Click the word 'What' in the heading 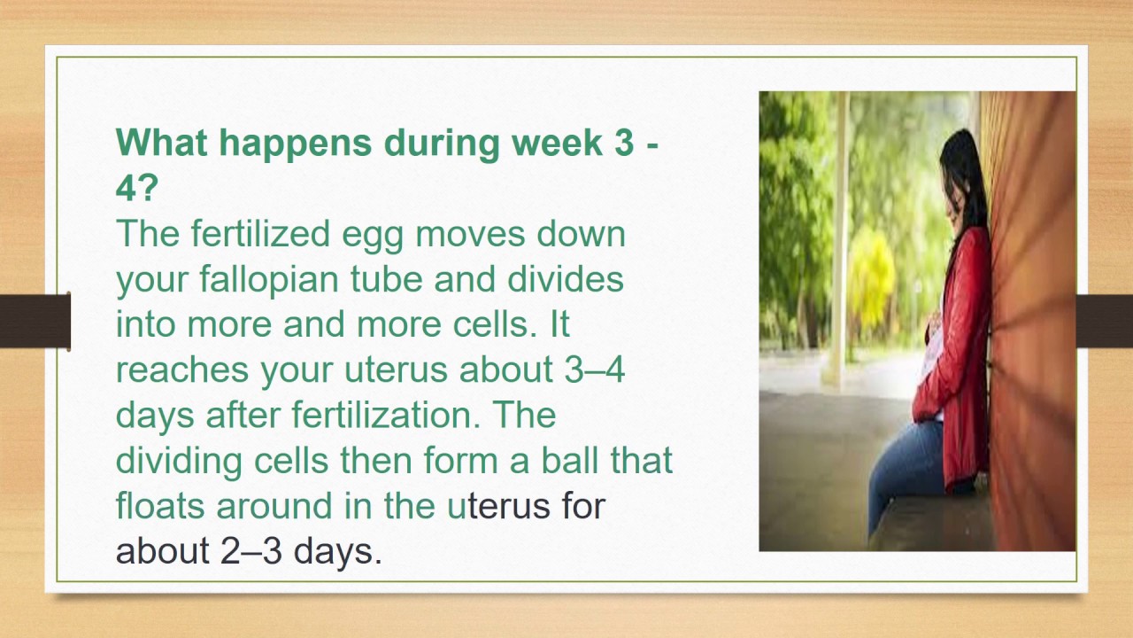(x=157, y=144)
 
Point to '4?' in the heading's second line (x=136, y=189)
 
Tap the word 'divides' (x=566, y=280)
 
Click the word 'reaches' (x=182, y=370)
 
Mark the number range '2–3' (x=250, y=551)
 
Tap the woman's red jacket (x=960, y=354)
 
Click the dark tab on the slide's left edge (x=35, y=321)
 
